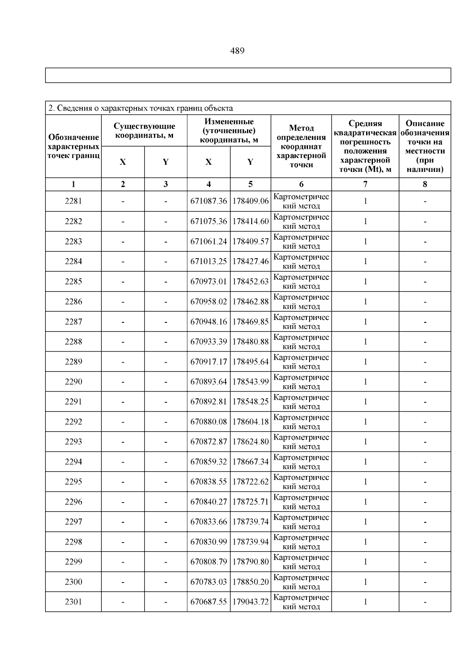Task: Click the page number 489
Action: point(237,51)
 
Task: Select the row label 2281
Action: point(73,201)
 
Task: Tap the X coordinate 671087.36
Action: point(209,201)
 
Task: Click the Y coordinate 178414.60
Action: point(250,221)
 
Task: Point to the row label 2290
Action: point(73,382)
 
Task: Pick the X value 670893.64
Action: point(209,382)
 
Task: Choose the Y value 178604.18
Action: point(250,422)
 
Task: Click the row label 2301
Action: point(73,602)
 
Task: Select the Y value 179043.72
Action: point(250,602)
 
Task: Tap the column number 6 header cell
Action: point(301,184)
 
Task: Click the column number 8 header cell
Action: point(425,184)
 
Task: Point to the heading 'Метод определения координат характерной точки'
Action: point(301,147)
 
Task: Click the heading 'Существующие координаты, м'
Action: point(144,131)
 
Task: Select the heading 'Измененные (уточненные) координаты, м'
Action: point(229,131)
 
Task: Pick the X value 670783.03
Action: point(209,582)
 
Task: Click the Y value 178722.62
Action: point(250,482)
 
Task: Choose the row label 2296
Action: point(73,502)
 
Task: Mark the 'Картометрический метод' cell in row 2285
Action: point(301,282)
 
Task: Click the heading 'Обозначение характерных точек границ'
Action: point(73,147)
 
